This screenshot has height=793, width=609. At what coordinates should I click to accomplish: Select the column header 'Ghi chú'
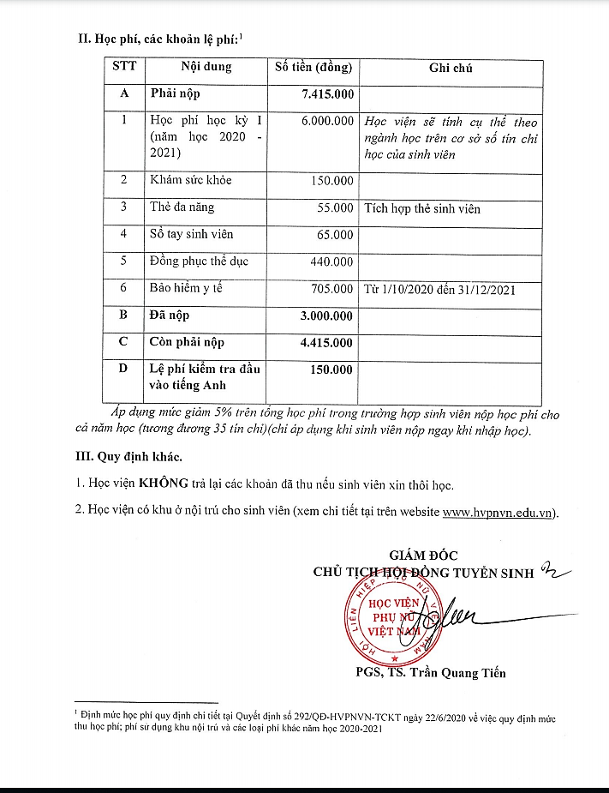point(451,68)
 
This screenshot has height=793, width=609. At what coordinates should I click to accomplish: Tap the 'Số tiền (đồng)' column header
point(313,68)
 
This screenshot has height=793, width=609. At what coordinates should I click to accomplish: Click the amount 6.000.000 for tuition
point(327,122)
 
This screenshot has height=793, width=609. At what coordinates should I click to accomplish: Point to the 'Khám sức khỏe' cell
point(190,180)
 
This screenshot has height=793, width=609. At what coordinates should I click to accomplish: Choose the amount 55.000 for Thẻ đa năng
point(335,207)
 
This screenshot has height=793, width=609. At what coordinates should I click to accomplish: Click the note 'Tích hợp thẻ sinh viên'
point(422,208)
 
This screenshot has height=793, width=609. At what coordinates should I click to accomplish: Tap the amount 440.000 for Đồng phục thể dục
point(331,261)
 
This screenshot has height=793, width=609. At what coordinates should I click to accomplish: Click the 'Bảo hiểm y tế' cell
point(186,288)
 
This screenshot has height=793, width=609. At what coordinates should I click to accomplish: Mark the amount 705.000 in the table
point(331,289)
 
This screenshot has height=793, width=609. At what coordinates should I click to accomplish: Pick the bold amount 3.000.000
point(326,315)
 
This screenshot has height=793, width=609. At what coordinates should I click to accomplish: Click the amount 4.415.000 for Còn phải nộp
point(326,342)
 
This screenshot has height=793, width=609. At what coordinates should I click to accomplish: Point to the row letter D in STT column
point(123,369)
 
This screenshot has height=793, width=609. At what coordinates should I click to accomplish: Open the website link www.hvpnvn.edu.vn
point(498,513)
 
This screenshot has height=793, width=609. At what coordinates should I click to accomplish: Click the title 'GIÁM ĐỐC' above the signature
point(423,556)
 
